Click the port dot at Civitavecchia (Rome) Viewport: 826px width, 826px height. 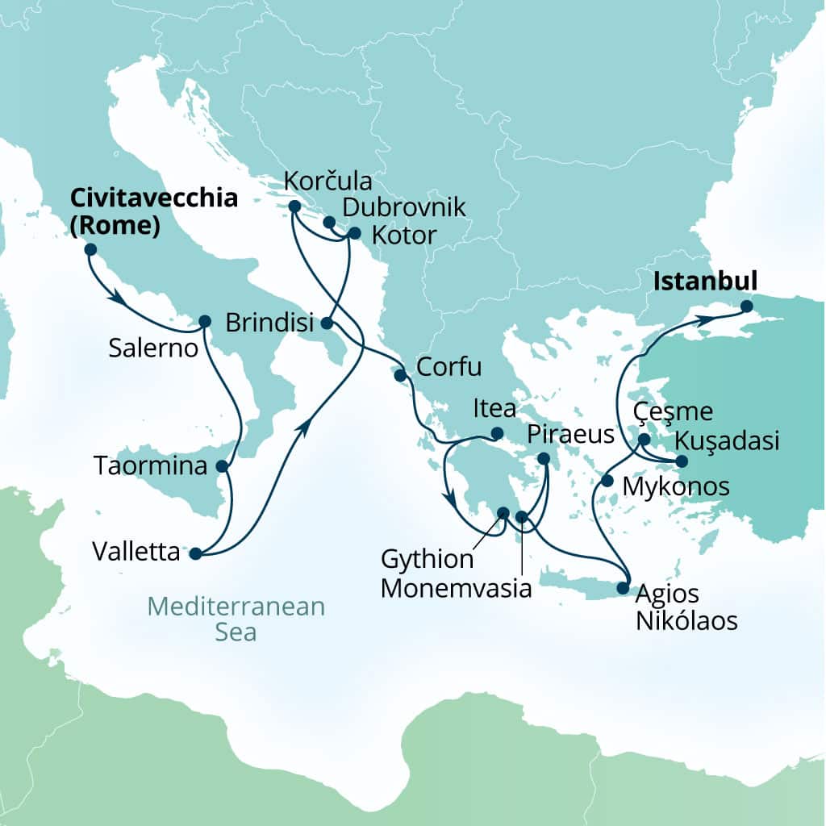point(90,250)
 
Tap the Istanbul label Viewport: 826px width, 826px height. point(706,282)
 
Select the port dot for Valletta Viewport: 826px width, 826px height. point(194,553)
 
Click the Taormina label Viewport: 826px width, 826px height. point(151,465)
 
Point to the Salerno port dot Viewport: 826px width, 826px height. point(204,321)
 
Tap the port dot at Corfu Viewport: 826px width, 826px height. point(399,375)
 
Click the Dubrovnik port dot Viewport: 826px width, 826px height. point(329,222)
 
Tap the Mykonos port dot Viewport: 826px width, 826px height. point(607,482)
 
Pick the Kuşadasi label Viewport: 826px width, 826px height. point(727,441)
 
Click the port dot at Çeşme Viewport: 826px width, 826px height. point(645,440)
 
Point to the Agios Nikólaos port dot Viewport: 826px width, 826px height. point(623,588)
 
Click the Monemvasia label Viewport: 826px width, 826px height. point(456,588)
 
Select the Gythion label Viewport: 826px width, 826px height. point(428,560)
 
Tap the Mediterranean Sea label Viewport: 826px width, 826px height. point(236,619)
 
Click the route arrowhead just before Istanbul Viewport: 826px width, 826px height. point(706,320)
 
